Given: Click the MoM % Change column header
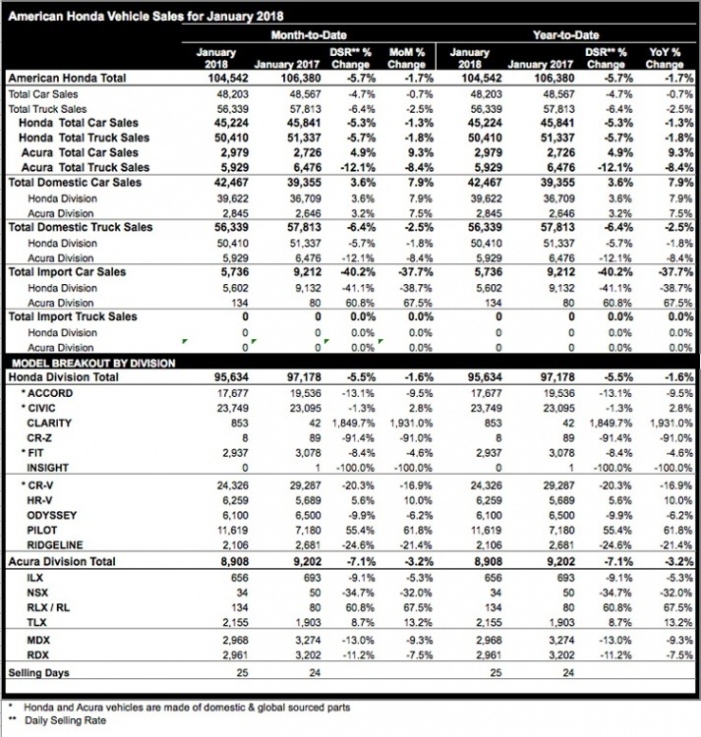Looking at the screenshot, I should click(x=406, y=57).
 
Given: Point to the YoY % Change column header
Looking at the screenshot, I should click(x=666, y=57).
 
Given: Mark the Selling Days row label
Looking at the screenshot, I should click(x=38, y=672).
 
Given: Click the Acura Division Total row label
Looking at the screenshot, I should click(x=68, y=562).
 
